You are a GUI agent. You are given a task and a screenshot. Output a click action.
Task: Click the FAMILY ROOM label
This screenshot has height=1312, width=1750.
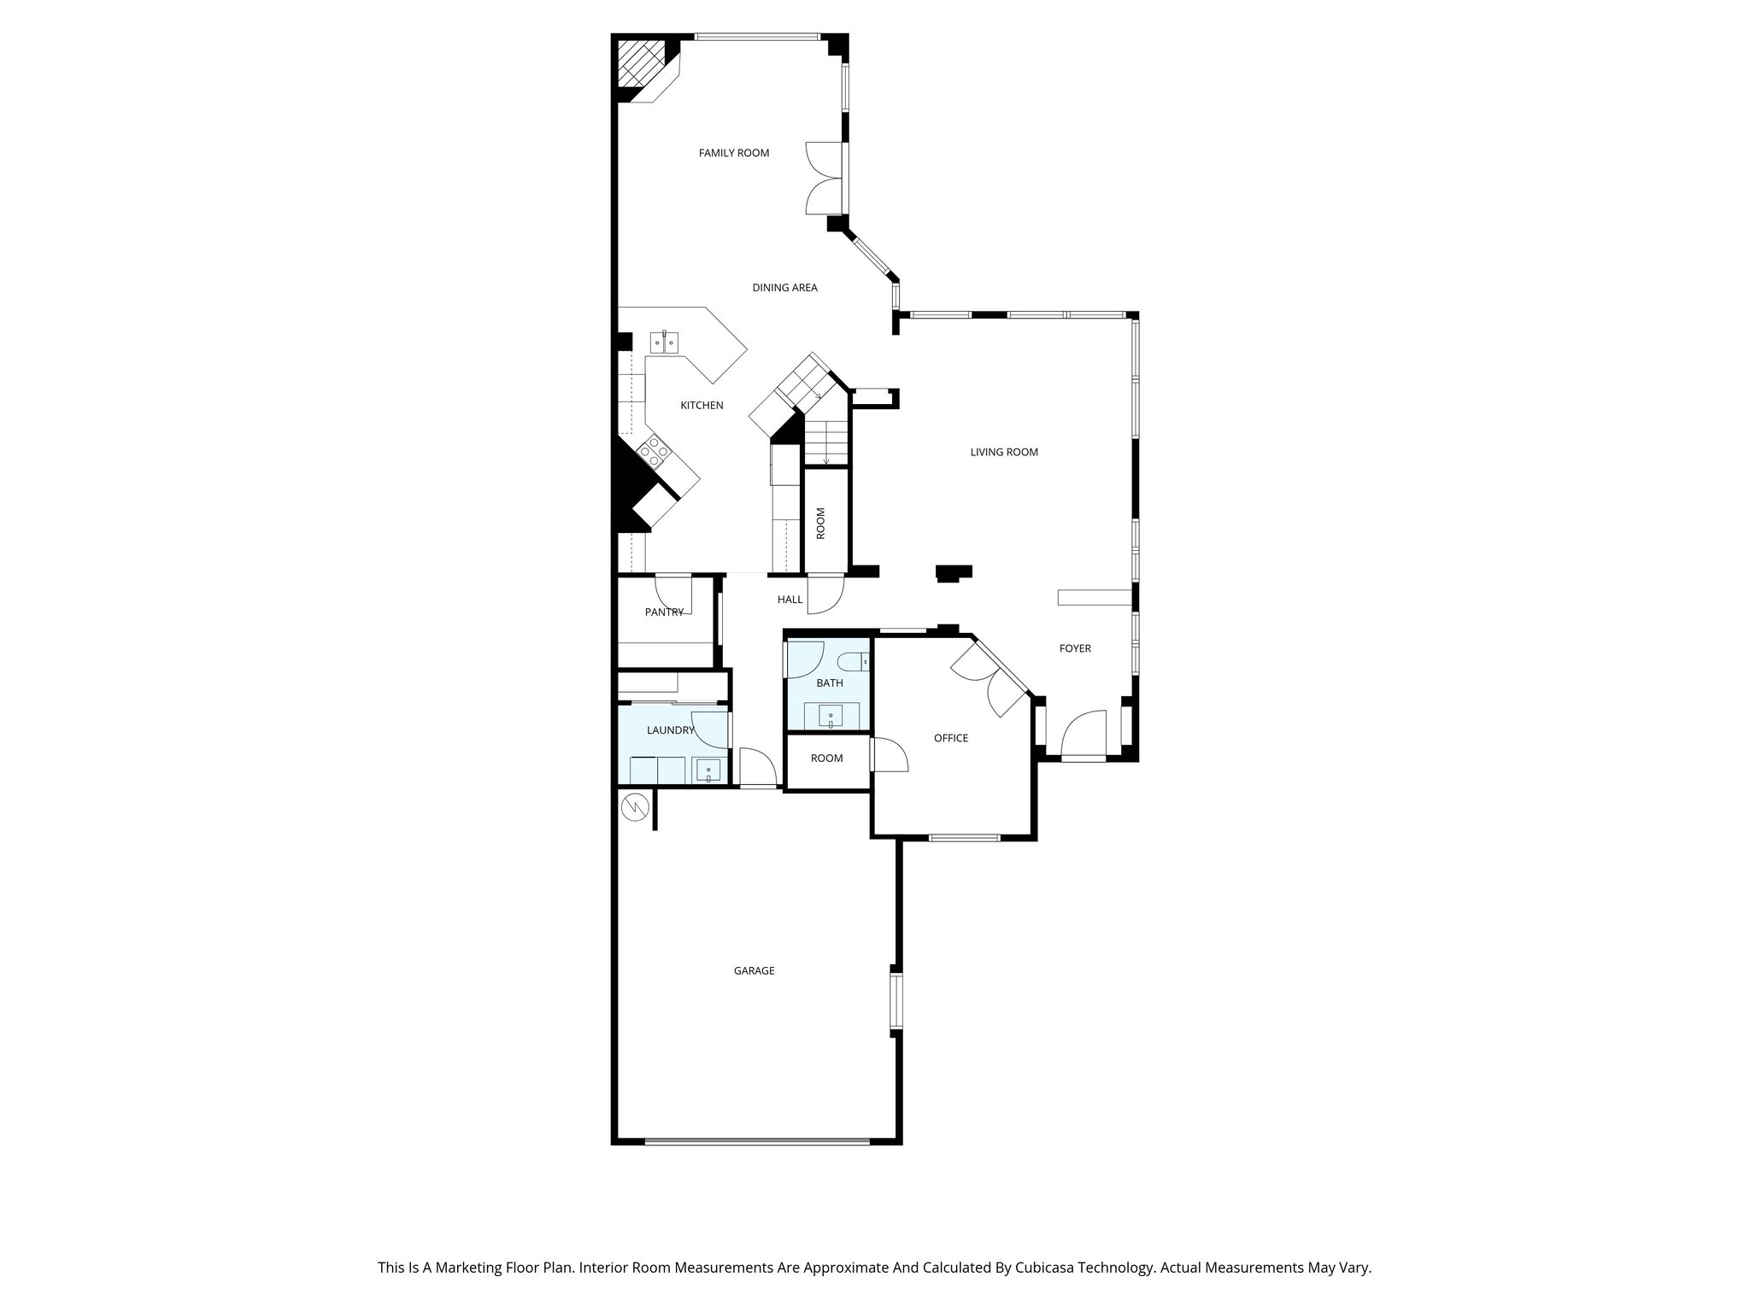[x=734, y=154]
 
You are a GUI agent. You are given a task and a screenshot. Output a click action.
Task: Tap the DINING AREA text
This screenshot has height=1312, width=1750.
[x=784, y=288]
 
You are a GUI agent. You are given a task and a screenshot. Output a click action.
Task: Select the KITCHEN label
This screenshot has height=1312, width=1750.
[x=702, y=406]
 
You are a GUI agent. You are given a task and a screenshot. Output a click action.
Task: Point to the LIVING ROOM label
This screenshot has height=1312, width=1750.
[x=1004, y=453]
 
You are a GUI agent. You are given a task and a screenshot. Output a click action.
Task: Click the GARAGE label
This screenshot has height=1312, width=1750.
[x=754, y=971]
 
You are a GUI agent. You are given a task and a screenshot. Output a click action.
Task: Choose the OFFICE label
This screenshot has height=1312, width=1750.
[x=951, y=739]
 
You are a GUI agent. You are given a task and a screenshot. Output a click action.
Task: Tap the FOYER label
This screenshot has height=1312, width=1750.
[x=1075, y=649]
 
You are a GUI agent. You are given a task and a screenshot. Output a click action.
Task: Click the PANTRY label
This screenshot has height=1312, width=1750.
[x=664, y=612]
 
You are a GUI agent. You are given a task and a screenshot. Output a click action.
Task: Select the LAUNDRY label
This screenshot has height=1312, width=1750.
[x=670, y=731]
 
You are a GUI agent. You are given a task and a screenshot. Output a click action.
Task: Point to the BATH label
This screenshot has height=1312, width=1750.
[x=829, y=683]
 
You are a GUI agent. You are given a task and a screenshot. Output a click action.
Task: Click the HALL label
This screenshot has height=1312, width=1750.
[x=790, y=600]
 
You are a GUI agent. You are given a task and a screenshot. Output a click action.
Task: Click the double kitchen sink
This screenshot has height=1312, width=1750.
[x=664, y=343]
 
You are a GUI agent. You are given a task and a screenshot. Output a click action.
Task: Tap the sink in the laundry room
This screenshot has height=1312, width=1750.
[x=708, y=771]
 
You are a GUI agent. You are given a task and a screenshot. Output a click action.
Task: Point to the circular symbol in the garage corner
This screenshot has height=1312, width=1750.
[x=635, y=805]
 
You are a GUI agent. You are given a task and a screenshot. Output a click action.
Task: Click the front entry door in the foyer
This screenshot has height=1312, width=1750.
[x=1083, y=736]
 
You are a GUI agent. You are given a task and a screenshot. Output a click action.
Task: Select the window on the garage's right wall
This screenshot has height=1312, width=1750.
[x=896, y=1001]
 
